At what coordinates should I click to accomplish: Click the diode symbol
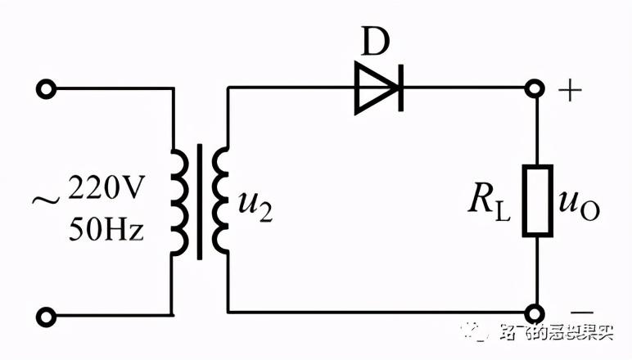[378, 86]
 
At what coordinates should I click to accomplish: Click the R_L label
[489, 205]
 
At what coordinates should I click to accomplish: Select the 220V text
[106, 191]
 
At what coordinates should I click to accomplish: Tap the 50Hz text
[106, 230]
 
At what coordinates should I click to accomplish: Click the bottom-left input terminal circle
[47, 313]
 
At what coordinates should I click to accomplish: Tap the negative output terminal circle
[535, 313]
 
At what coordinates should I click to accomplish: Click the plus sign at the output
[571, 89]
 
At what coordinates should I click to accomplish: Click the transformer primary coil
[178, 200]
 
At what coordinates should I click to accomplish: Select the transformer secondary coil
[219, 200]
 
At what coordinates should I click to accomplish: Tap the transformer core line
[198, 200]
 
